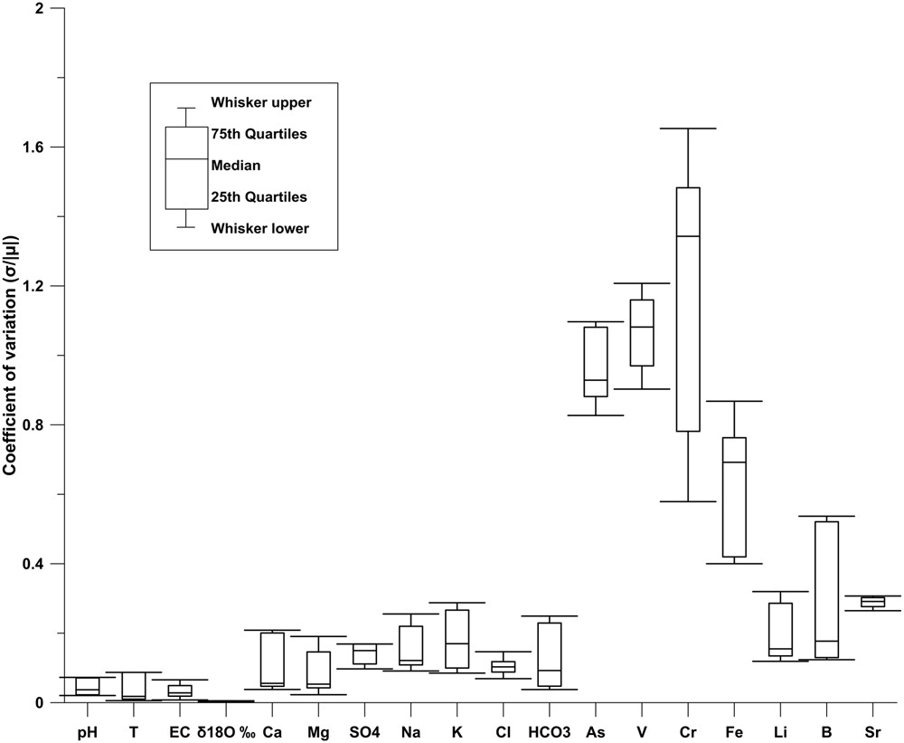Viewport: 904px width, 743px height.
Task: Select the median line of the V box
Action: pyautogui.click(x=642, y=327)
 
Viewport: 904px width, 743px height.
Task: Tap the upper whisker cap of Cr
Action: pyautogui.click(x=688, y=129)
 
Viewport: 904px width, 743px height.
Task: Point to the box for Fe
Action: pyautogui.click(x=734, y=497)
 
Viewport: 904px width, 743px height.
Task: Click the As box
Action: pyautogui.click(x=596, y=361)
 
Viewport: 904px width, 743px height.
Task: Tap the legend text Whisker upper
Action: pyautogui.click(x=260, y=102)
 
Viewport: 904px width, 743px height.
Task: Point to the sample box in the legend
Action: pyautogui.click(x=185, y=168)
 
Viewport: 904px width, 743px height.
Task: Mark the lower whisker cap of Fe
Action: pyautogui.click(x=734, y=563)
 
